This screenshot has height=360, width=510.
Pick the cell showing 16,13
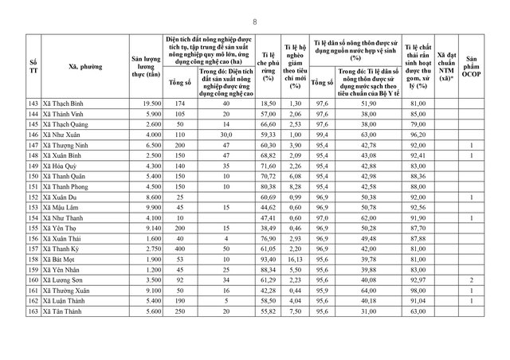295,259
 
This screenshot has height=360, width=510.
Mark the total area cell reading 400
181,248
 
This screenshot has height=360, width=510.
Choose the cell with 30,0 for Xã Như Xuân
226,137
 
